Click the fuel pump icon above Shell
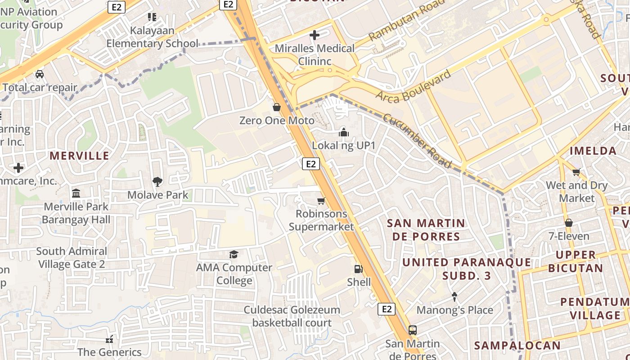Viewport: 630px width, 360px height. [x=359, y=269]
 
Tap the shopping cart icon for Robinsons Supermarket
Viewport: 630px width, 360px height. [x=321, y=201]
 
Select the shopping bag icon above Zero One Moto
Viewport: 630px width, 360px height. [x=277, y=107]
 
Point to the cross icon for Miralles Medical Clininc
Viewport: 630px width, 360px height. [x=315, y=35]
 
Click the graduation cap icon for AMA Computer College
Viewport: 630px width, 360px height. [x=234, y=255]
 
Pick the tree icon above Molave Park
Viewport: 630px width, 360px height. [x=157, y=182]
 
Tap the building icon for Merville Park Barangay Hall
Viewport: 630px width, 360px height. [x=76, y=193]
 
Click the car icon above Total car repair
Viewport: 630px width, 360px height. [x=40, y=74]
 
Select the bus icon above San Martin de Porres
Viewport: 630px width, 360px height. [x=413, y=330]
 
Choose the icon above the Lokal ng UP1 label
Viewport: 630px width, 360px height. [x=344, y=132]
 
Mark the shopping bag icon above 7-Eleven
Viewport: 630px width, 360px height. [x=569, y=223]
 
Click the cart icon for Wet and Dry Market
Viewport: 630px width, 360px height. [x=576, y=172]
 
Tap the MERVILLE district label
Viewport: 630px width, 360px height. [x=79, y=156]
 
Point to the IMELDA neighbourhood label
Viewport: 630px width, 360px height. [x=593, y=151]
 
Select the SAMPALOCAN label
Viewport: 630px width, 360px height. [x=517, y=346]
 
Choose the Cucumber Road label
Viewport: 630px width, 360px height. [x=417, y=140]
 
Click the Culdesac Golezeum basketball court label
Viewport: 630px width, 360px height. [x=292, y=316]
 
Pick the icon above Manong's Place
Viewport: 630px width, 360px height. [x=454, y=297]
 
